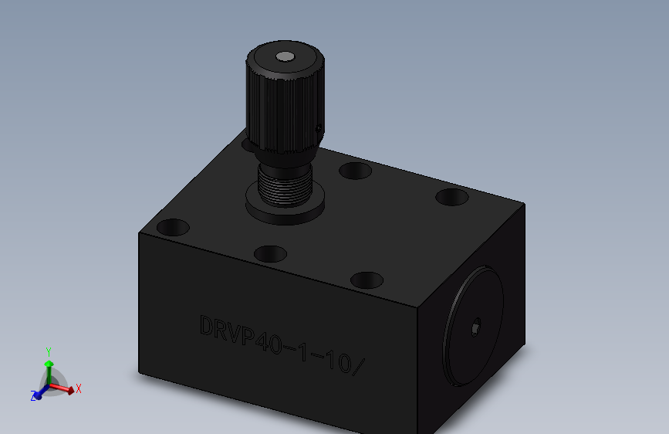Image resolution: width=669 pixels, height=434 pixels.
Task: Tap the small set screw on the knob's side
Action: (x=318, y=127)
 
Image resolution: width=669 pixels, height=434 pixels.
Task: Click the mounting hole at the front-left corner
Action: (x=173, y=228)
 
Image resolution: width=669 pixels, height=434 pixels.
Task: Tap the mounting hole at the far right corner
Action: (x=451, y=197)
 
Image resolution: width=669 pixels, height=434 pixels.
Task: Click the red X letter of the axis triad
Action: (x=79, y=388)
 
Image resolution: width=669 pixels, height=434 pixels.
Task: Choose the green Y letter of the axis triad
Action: (x=49, y=351)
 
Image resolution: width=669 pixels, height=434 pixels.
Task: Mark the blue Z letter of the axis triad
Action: (x=34, y=396)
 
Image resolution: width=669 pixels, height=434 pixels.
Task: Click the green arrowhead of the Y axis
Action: (x=49, y=362)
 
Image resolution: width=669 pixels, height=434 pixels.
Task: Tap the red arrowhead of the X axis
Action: (x=70, y=391)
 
